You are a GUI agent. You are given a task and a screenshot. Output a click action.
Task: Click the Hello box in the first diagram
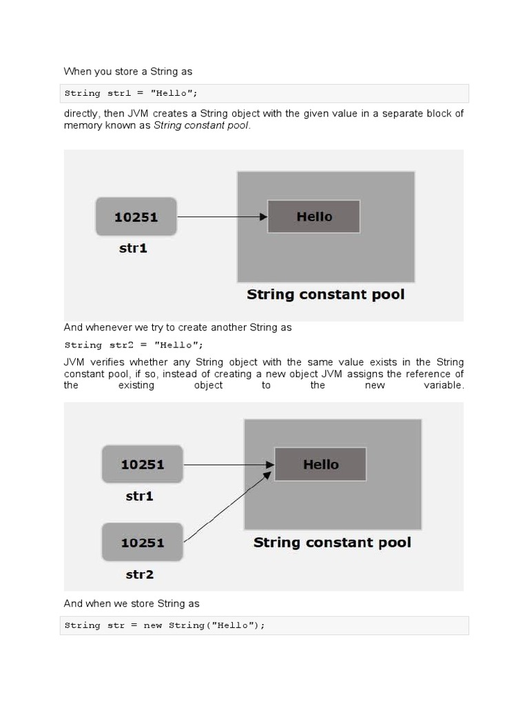point(313,216)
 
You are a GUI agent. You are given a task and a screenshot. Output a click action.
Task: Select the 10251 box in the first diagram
point(136,216)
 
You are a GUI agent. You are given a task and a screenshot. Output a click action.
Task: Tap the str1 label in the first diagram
point(133,248)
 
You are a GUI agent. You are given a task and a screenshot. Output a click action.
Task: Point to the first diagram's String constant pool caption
point(326,295)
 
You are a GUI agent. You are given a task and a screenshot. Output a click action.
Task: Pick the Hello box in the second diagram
point(320,464)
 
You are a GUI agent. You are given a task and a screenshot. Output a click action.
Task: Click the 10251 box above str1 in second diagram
point(143,464)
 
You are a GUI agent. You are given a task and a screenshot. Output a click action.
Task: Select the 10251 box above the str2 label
point(143,542)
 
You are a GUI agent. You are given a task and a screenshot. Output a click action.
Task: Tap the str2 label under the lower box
point(140,574)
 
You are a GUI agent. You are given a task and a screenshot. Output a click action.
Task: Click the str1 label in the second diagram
point(140,496)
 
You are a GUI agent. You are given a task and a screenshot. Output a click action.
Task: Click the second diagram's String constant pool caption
point(332,543)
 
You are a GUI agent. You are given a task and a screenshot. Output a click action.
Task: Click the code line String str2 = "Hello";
point(134,345)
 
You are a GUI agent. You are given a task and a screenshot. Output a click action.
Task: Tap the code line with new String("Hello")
point(165,625)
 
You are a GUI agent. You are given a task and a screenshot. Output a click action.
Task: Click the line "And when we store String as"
point(132,603)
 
